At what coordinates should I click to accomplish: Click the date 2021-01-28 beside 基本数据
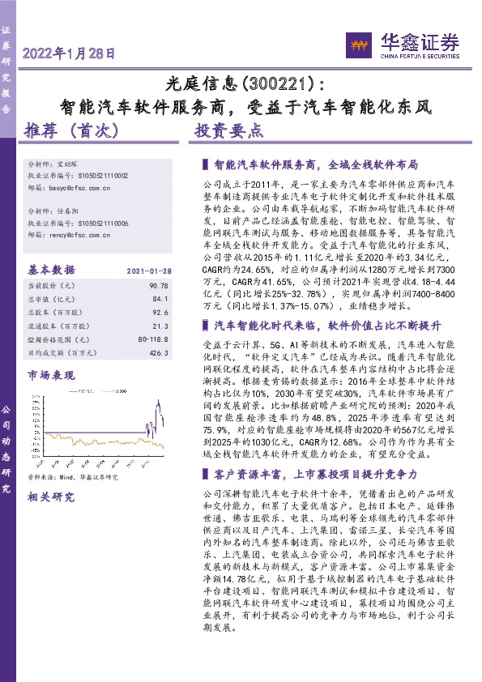click(x=148, y=270)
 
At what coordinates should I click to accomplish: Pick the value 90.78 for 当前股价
click(x=158, y=285)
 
